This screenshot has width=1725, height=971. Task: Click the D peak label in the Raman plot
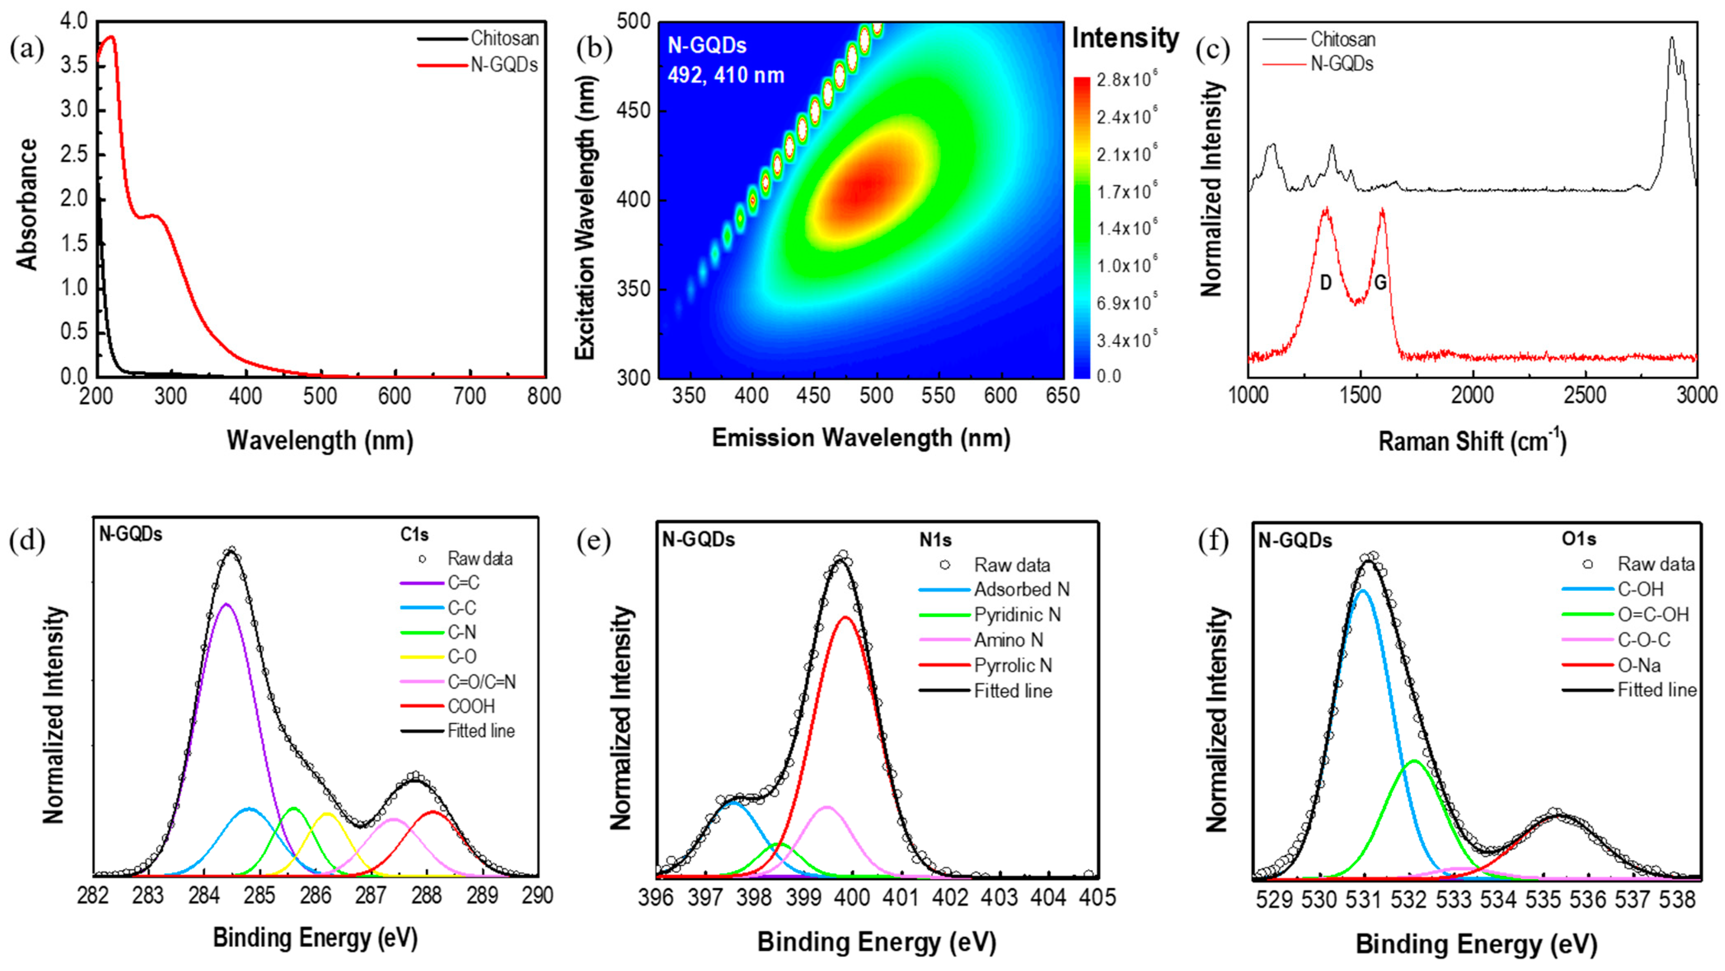1325,283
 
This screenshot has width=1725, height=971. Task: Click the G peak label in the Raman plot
1380,283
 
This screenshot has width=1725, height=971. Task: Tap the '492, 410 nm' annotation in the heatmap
725,75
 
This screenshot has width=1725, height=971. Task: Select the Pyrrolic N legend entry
1012,665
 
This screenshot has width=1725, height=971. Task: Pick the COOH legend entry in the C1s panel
471,706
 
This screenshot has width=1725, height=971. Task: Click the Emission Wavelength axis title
860,438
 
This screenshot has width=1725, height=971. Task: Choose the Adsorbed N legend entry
1021,590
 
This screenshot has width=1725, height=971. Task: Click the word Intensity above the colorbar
1125,38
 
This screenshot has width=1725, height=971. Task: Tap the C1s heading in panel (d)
415,535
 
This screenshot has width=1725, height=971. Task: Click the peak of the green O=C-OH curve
1414,761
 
